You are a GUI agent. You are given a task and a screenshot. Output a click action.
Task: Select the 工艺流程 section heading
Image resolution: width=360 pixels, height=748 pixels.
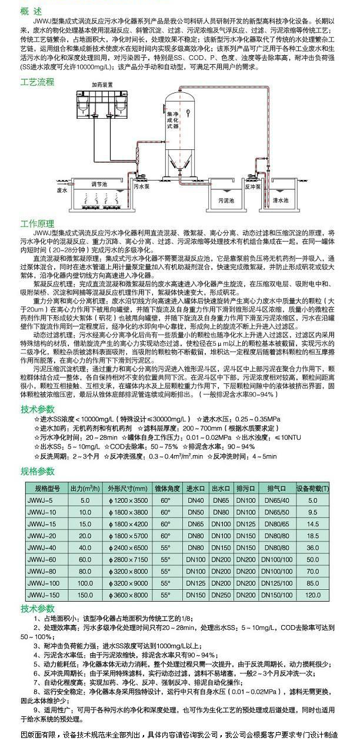coord(37,82)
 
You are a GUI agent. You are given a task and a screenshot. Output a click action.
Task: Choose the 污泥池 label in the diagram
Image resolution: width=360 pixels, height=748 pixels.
coord(226,201)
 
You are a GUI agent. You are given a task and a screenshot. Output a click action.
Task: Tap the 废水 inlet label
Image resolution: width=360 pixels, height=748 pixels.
coord(62,191)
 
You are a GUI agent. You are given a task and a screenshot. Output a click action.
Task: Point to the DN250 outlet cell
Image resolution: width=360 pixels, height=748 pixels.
coord(221,595)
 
